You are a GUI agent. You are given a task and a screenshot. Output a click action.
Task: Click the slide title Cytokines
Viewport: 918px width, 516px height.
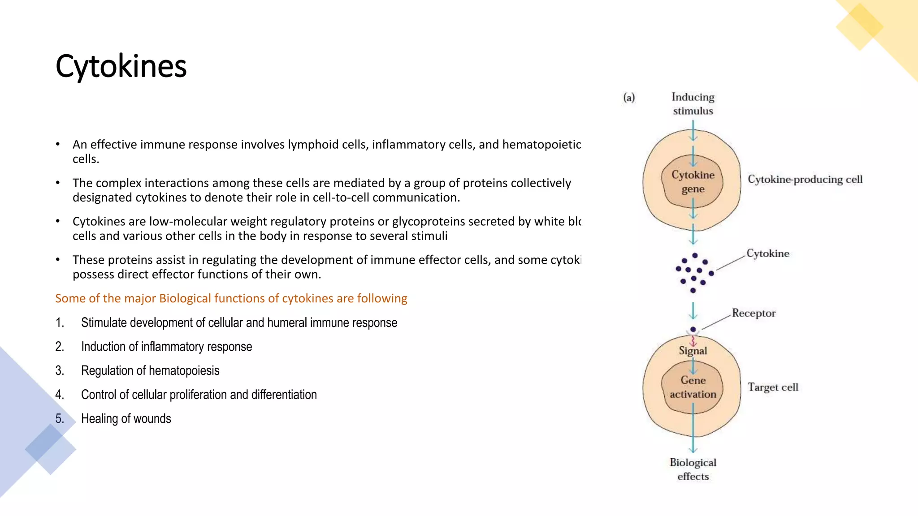pos(121,66)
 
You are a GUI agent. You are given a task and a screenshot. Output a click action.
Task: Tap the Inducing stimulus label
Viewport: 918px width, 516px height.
pos(693,104)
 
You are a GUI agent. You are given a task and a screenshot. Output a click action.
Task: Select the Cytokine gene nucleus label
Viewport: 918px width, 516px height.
pos(693,182)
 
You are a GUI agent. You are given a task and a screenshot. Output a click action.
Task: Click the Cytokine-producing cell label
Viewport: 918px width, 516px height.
pos(805,180)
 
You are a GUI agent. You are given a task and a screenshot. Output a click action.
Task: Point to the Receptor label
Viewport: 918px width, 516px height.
pos(753,313)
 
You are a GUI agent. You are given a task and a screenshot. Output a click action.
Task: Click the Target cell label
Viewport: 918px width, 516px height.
pos(773,387)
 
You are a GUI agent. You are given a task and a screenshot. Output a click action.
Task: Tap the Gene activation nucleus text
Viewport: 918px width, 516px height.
pos(693,387)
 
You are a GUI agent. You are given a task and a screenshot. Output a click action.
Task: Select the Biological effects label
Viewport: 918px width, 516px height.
pos(693,469)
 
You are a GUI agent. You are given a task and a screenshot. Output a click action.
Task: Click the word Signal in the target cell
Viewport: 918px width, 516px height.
pos(693,351)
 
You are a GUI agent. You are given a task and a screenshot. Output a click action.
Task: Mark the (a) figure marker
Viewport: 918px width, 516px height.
pos(629,97)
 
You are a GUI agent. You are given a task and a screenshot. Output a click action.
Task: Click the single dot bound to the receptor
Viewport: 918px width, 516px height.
pos(693,329)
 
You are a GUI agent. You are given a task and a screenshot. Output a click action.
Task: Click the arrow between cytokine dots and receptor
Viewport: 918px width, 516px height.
pos(693,310)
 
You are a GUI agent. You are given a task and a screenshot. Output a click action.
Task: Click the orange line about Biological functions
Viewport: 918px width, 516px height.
pos(231,298)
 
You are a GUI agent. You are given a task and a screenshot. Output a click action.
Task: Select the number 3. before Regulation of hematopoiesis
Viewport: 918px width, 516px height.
pos(60,370)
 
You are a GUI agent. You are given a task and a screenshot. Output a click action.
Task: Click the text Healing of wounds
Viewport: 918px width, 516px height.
pos(126,418)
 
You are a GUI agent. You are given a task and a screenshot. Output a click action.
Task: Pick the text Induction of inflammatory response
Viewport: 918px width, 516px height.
pos(166,347)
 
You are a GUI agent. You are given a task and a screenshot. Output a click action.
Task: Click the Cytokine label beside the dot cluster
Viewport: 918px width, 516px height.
pos(767,254)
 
